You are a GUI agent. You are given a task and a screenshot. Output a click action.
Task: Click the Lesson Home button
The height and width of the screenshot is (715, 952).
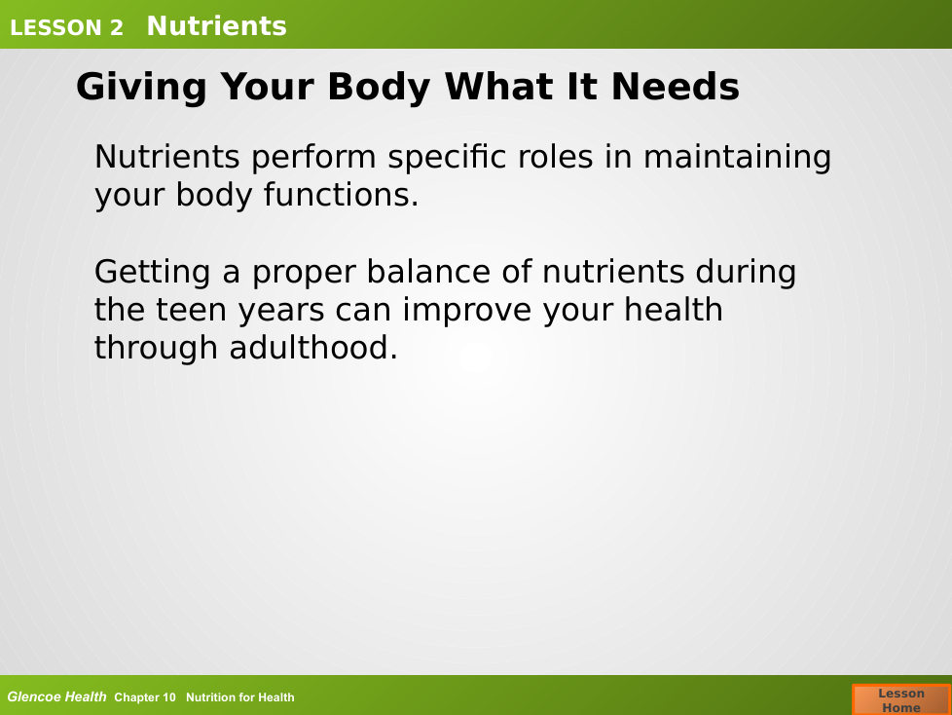[x=901, y=699]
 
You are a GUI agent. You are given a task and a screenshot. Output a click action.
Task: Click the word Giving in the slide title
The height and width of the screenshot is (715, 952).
[x=141, y=88]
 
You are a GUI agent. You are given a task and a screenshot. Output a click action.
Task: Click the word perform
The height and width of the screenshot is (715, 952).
[x=313, y=159]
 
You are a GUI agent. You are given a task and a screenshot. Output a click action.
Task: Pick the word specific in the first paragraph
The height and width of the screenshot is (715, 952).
[x=447, y=159]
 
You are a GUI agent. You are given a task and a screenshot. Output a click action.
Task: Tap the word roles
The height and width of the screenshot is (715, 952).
[x=555, y=157]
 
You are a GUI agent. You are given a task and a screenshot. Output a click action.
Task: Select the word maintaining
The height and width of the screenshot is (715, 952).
[x=737, y=159]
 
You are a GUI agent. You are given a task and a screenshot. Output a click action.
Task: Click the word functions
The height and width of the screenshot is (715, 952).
[x=342, y=195]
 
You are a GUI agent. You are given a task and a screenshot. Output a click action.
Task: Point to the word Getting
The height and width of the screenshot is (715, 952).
[x=153, y=273]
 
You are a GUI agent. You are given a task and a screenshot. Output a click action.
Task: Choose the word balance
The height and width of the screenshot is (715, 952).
[x=428, y=272]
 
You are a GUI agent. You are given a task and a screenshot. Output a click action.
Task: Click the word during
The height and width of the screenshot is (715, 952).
[x=746, y=273]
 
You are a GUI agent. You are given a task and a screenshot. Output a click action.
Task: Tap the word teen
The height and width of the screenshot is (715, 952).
[x=191, y=310]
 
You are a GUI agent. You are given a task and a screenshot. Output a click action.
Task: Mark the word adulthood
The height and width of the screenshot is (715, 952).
[x=313, y=348]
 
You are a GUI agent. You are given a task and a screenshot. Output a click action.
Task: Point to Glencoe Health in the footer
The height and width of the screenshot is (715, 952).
[x=56, y=696]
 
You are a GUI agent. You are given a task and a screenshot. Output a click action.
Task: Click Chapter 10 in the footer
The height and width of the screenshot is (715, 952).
[x=144, y=697]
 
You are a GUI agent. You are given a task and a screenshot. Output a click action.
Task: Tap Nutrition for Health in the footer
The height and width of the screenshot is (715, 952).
[x=239, y=697]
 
